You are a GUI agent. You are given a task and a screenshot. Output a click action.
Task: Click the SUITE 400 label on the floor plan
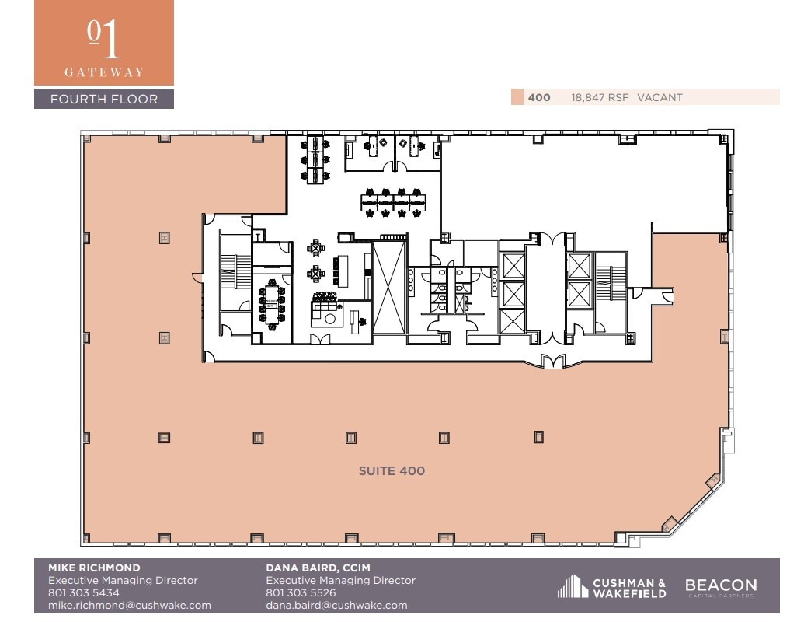coord(392,470)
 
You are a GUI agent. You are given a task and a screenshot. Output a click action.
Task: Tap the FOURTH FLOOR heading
coord(104,99)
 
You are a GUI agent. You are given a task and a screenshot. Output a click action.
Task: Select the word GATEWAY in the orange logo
coord(104,72)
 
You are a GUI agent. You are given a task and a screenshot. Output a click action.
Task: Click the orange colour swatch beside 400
coord(517,97)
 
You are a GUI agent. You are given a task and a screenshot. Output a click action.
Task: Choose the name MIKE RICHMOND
coord(94,568)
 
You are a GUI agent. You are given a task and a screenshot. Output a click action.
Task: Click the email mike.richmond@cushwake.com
coord(129,606)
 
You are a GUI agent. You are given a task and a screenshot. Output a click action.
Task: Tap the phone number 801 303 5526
coord(301,593)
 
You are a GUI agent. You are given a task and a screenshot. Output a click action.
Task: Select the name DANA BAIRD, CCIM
coord(312,568)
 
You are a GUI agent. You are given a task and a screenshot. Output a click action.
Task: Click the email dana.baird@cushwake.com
coord(336,606)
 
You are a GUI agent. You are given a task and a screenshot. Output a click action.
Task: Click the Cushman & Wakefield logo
coord(612,588)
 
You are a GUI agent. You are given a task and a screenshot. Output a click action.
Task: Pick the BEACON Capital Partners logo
coord(720,587)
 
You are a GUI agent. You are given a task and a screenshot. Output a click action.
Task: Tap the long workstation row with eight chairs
coord(394,201)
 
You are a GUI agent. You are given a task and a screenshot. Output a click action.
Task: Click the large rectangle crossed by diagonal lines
coord(388,288)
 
